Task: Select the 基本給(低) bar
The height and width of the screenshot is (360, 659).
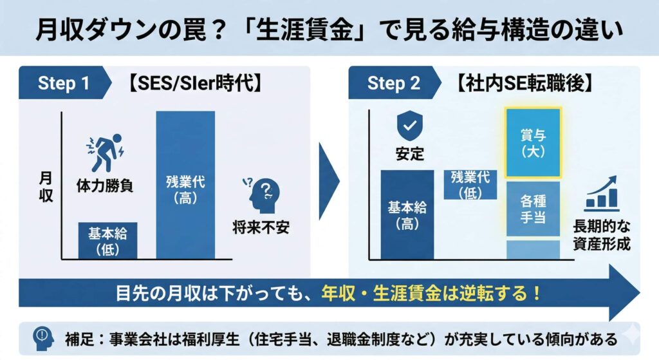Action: [x=108, y=240]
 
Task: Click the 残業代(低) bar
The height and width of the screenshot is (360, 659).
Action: [x=470, y=185]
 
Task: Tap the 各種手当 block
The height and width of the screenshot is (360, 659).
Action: [x=533, y=209]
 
